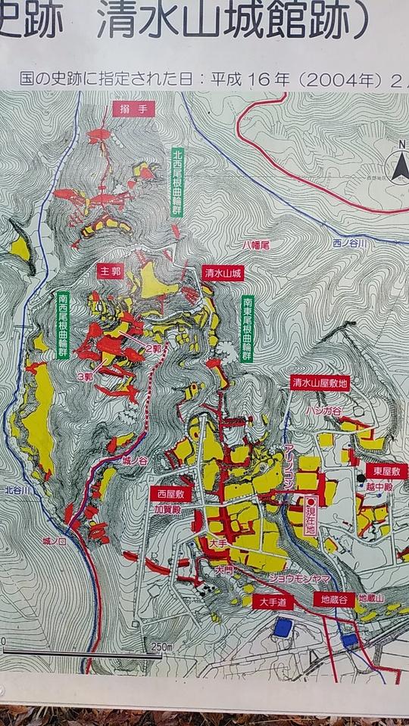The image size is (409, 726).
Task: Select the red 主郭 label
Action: (109, 269)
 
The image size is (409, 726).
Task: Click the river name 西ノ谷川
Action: (349, 244)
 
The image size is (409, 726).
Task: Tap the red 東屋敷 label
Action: (386, 470)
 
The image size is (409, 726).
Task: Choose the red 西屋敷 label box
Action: (167, 493)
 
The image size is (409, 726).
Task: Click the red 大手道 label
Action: (270, 602)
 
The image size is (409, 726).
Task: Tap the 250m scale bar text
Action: (162, 647)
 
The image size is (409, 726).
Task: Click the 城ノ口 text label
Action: (56, 541)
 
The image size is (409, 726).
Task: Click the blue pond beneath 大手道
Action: (282, 627)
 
